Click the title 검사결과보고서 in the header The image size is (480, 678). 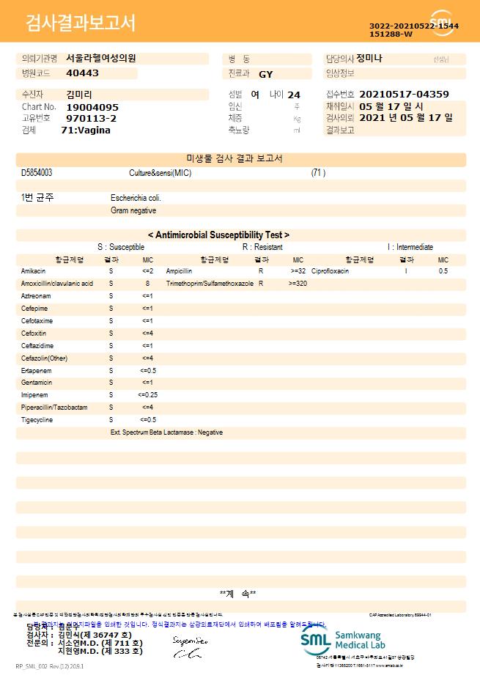pos(81,23)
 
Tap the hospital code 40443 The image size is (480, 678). pos(82,73)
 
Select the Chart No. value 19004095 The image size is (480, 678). pos(92,107)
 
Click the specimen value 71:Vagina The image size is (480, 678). pos(86,130)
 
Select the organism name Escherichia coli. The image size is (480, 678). pos(136,198)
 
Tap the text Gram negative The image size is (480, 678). pos(133,211)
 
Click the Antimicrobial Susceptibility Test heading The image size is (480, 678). pos(218,235)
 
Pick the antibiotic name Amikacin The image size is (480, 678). pos(33,271)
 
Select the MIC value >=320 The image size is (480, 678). pos(298,283)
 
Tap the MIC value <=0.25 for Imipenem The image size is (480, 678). pos(147,395)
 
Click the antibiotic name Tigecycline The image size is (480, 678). pos(37,420)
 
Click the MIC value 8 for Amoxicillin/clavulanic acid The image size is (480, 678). pos(147,283)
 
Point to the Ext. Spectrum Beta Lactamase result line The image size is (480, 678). pos(166,432)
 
